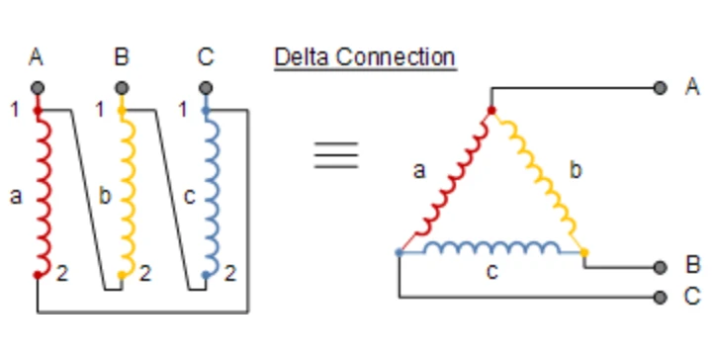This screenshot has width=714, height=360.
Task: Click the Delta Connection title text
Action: [x=365, y=57]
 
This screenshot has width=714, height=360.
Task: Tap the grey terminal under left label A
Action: [x=38, y=88]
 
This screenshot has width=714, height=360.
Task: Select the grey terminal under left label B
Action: [x=121, y=88]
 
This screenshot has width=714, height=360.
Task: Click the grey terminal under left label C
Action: [x=206, y=88]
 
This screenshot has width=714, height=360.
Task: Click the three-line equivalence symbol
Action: [x=336, y=155]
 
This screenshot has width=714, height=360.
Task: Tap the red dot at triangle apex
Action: [x=491, y=110]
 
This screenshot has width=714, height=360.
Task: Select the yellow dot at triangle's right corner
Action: [x=584, y=252]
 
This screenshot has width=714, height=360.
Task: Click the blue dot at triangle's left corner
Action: [x=399, y=252]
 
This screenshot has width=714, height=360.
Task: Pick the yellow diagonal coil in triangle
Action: [x=537, y=180]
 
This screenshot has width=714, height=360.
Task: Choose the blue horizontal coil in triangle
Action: [x=491, y=248]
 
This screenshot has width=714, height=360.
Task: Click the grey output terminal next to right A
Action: [x=660, y=88]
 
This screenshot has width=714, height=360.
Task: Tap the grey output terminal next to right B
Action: [x=660, y=268]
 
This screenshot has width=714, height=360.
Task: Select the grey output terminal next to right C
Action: [x=660, y=297]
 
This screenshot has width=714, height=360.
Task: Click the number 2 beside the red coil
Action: [x=62, y=274]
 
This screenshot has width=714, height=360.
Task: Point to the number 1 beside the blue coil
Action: [x=183, y=110]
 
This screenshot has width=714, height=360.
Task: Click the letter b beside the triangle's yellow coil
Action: [x=576, y=170]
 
